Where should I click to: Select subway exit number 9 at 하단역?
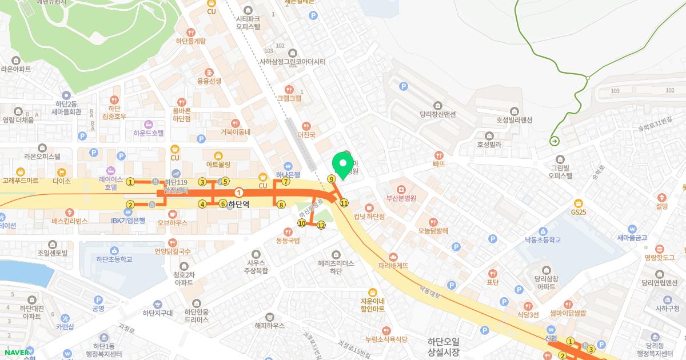pyautogui.click(x=331, y=179)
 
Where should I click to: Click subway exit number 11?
pyautogui.click(x=344, y=203)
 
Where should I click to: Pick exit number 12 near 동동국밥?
pyautogui.click(x=321, y=226)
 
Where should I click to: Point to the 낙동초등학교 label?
pyautogui.click(x=539, y=240)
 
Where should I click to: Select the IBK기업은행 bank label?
pyautogui.click(x=128, y=220)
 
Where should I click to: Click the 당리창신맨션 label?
pyautogui.click(x=437, y=114)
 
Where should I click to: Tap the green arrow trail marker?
pyautogui.click(x=554, y=142)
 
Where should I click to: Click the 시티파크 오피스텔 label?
pyautogui.click(x=248, y=22)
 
